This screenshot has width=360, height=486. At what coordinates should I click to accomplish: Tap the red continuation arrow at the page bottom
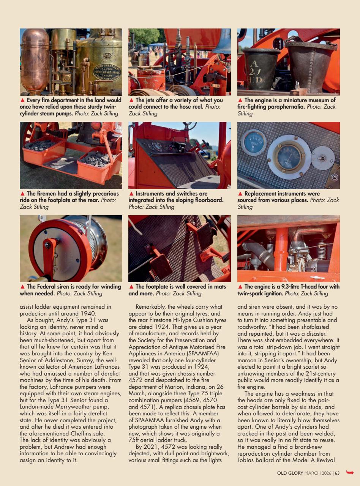(350, 473)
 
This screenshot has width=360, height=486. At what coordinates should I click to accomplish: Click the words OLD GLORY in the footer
(290, 473)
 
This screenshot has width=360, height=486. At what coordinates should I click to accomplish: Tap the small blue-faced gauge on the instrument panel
(254, 143)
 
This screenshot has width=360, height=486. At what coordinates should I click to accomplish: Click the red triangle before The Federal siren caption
(22, 287)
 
